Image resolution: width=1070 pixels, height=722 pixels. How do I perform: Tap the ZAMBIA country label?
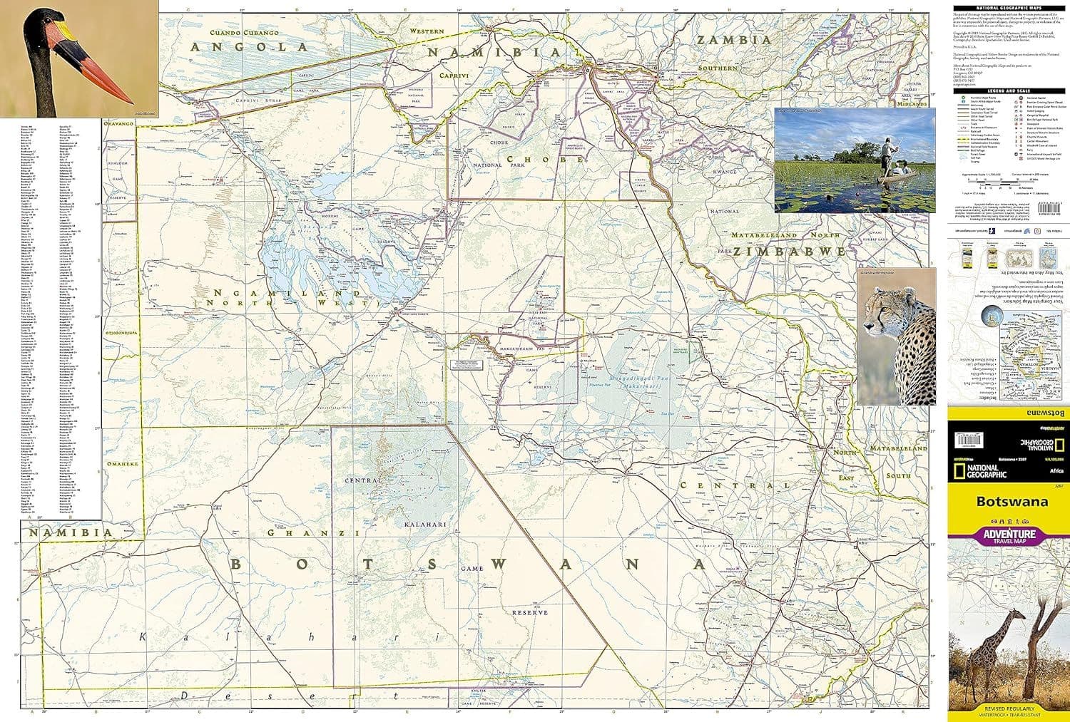(734, 41)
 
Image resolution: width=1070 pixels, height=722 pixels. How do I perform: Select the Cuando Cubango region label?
(242, 32)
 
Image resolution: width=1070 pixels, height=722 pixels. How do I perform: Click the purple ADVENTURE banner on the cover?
(1009, 535)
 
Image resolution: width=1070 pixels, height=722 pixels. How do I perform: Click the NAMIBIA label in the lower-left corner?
(70, 532)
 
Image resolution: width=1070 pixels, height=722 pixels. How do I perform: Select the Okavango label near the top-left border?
(118, 123)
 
